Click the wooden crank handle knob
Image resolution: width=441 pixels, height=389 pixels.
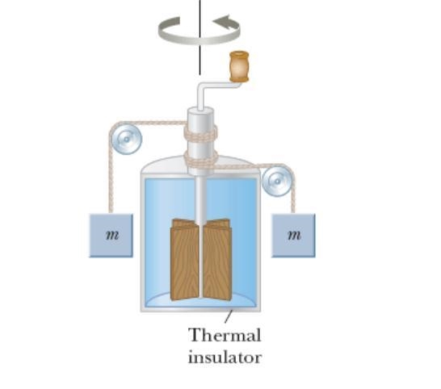239,66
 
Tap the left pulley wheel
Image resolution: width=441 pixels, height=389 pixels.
127,139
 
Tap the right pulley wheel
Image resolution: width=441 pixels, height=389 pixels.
277,182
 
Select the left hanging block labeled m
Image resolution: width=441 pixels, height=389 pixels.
111,236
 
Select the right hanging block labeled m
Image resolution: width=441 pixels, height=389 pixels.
293,236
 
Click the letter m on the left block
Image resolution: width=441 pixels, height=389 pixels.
112,235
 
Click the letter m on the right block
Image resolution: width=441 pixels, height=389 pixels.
294,235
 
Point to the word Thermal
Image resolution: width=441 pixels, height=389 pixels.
225,335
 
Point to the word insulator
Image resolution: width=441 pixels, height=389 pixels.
225,358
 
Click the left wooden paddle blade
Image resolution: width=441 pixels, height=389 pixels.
185,260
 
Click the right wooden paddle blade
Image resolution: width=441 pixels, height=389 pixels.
217,260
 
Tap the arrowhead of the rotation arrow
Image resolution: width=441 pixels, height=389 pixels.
225,22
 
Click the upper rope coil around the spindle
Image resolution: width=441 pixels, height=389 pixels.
200,133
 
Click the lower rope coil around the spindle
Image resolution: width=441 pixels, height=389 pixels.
201,159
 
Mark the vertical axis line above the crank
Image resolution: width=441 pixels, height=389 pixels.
200,37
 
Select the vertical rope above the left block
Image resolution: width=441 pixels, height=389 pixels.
110,180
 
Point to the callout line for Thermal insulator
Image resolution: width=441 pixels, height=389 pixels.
229,316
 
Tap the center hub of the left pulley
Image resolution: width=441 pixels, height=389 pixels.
127,139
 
